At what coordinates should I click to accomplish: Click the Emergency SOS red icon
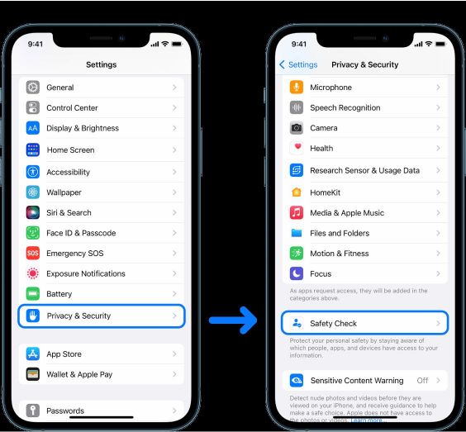pyautogui.click(x=33, y=254)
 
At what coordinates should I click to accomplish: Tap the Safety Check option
pyautogui.click(x=364, y=323)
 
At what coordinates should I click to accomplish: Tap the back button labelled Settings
pyautogui.click(x=298, y=64)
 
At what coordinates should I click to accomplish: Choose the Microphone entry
pyautogui.click(x=364, y=88)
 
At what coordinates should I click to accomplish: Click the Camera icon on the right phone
pyautogui.click(x=297, y=128)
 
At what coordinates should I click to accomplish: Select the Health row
pyautogui.click(x=364, y=149)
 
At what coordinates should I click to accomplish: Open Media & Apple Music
pyautogui.click(x=364, y=213)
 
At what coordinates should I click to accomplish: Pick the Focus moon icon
pyautogui.click(x=297, y=273)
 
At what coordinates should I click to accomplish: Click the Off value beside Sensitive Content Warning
pyautogui.click(x=422, y=381)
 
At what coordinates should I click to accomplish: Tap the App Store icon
pyautogui.click(x=33, y=354)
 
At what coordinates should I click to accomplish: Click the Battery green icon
pyautogui.click(x=33, y=294)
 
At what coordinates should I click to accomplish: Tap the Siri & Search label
pyautogui.click(x=69, y=212)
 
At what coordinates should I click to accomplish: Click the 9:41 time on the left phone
pyautogui.click(x=36, y=43)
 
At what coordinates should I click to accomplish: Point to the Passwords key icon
pyautogui.click(x=33, y=411)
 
